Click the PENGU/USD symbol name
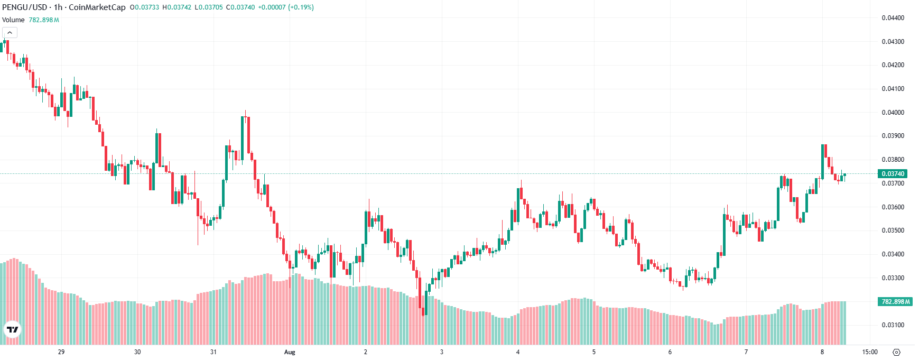point(25,7)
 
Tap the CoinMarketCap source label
point(97,7)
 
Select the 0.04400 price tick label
point(893,18)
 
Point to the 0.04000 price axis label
point(893,113)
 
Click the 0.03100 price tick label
point(893,325)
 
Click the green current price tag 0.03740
point(893,174)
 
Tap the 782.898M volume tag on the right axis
point(895,302)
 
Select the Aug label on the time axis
point(289,352)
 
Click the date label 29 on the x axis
point(61,352)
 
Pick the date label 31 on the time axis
point(213,352)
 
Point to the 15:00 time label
point(870,352)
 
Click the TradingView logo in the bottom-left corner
point(12,330)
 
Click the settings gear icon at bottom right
point(896,352)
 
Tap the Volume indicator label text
point(13,20)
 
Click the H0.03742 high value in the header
point(177,7)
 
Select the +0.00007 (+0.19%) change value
point(285,7)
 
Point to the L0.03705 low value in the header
point(209,7)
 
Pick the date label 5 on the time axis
point(594,352)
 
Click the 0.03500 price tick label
point(893,230)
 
